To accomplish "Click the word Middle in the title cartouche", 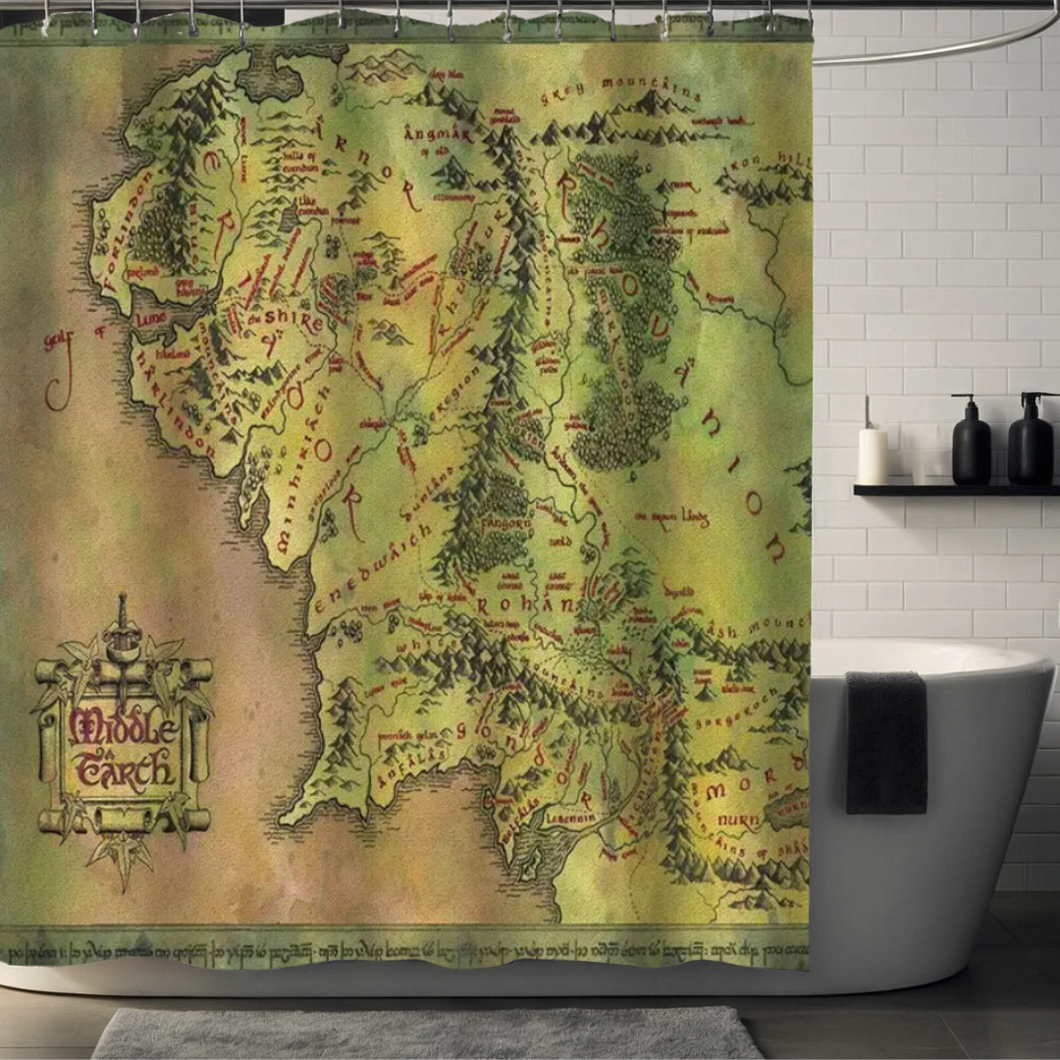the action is click(123, 727).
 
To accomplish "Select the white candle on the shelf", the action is click(873, 454).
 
